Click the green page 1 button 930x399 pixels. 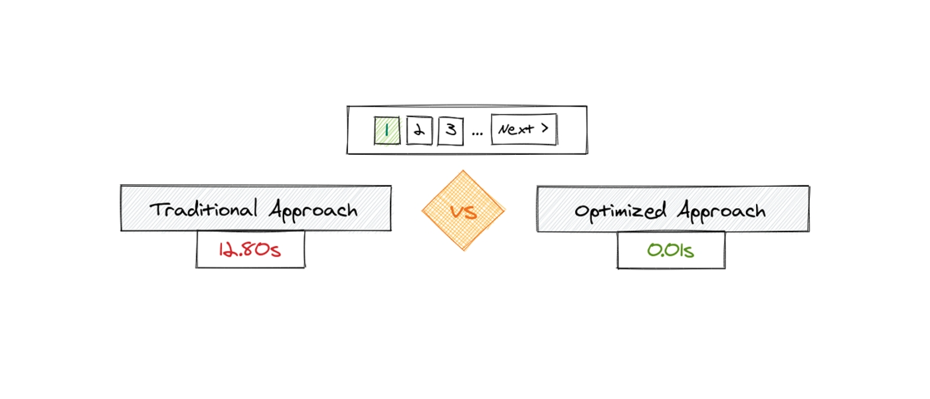coord(387,130)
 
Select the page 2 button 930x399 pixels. coord(419,130)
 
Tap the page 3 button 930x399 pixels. coord(451,130)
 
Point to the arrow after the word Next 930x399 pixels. coord(545,128)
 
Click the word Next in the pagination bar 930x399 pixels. coord(515,129)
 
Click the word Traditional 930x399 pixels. coord(203,208)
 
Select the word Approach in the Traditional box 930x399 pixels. coord(313,210)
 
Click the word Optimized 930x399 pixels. coord(620,211)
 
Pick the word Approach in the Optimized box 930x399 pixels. coord(721,211)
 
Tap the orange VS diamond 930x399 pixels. coord(464,210)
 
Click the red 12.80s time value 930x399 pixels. coord(250,249)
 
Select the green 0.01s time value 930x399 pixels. coord(670,250)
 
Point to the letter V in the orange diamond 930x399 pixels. coord(457,211)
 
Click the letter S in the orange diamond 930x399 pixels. coord(471,212)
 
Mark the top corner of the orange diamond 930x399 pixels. coord(463,170)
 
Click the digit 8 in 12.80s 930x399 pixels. coord(247,249)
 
